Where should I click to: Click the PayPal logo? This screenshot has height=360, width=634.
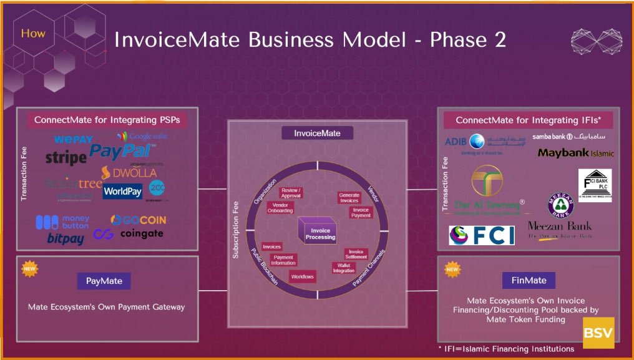click(x=120, y=150)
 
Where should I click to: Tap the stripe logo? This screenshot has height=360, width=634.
click(x=66, y=157)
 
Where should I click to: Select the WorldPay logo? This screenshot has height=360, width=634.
click(x=122, y=191)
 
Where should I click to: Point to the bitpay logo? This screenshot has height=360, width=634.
click(x=65, y=238)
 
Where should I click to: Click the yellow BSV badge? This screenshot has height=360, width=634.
click(x=598, y=333)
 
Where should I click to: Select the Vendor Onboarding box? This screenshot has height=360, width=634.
click(x=280, y=208)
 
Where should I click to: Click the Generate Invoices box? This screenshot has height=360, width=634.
click(x=349, y=198)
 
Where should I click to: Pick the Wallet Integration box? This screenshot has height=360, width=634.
click(x=343, y=268)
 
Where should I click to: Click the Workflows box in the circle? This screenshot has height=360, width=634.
click(x=302, y=276)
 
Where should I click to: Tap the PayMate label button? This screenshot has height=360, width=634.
click(x=104, y=281)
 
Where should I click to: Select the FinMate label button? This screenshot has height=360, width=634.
click(x=529, y=280)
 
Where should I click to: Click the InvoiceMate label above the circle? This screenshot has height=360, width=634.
click(x=317, y=133)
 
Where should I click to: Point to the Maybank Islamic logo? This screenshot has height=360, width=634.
click(x=575, y=153)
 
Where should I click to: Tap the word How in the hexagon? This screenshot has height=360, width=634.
click(x=33, y=33)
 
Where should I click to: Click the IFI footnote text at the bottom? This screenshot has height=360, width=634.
click(x=506, y=349)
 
